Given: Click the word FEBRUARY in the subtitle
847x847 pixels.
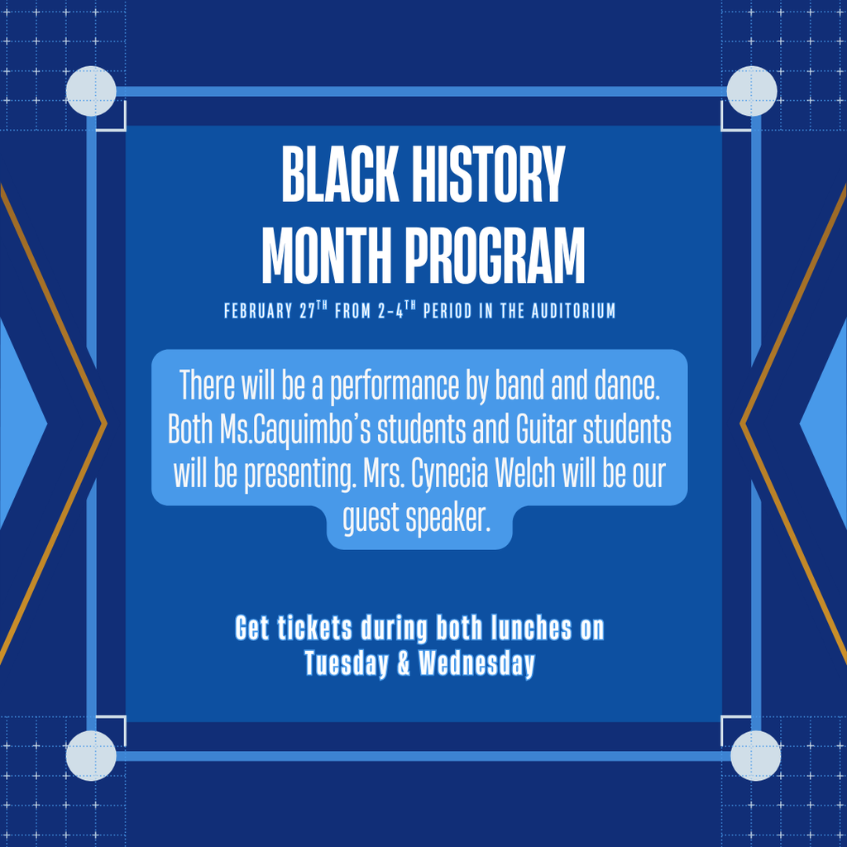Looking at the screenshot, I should point(258,312).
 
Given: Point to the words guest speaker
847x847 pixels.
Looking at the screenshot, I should point(417,519).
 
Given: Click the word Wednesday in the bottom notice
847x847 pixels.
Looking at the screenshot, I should point(476,663).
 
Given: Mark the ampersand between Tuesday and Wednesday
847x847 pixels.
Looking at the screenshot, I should point(404,663).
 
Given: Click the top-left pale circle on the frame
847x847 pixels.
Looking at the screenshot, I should point(91,91).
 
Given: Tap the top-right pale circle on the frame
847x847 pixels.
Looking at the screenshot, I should point(752,91).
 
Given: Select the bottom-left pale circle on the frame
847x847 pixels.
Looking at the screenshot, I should point(91,755).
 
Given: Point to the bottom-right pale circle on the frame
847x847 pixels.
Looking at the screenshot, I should point(755,755).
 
